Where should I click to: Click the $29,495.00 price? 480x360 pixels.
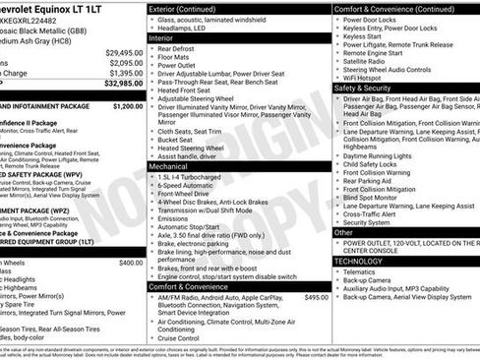point(125,52)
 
